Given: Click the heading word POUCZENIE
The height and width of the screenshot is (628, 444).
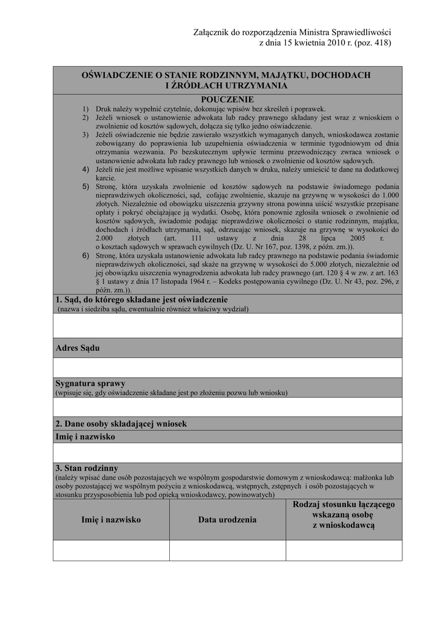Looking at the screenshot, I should point(227,99).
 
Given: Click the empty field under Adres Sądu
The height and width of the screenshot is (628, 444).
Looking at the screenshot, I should point(228,367).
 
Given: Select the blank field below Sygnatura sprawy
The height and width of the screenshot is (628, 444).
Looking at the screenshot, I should point(228,407).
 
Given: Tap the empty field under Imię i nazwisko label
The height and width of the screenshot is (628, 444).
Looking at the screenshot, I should point(228,453).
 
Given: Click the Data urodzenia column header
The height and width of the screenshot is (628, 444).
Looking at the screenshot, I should point(227,519).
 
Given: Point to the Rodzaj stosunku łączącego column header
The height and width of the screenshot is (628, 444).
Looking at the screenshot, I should point(343,515).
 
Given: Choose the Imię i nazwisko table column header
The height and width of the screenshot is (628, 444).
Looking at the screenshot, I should point(111,519).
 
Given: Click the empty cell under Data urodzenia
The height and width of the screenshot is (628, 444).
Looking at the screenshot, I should point(227,550).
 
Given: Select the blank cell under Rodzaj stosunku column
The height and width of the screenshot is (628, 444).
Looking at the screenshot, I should point(343,550).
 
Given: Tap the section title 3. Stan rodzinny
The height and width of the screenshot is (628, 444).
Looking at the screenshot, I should point(87,468).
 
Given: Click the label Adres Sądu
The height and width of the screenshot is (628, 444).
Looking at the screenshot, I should point(77,348).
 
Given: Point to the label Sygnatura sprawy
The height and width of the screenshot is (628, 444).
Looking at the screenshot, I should point(90,383).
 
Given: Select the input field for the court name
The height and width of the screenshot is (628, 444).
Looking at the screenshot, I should point(228,326).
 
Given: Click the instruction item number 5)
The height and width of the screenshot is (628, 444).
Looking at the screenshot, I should point(86,185).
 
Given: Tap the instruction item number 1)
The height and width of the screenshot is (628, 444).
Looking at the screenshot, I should point(86,109).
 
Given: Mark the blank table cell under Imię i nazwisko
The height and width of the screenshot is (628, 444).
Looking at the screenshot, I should point(111,550).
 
